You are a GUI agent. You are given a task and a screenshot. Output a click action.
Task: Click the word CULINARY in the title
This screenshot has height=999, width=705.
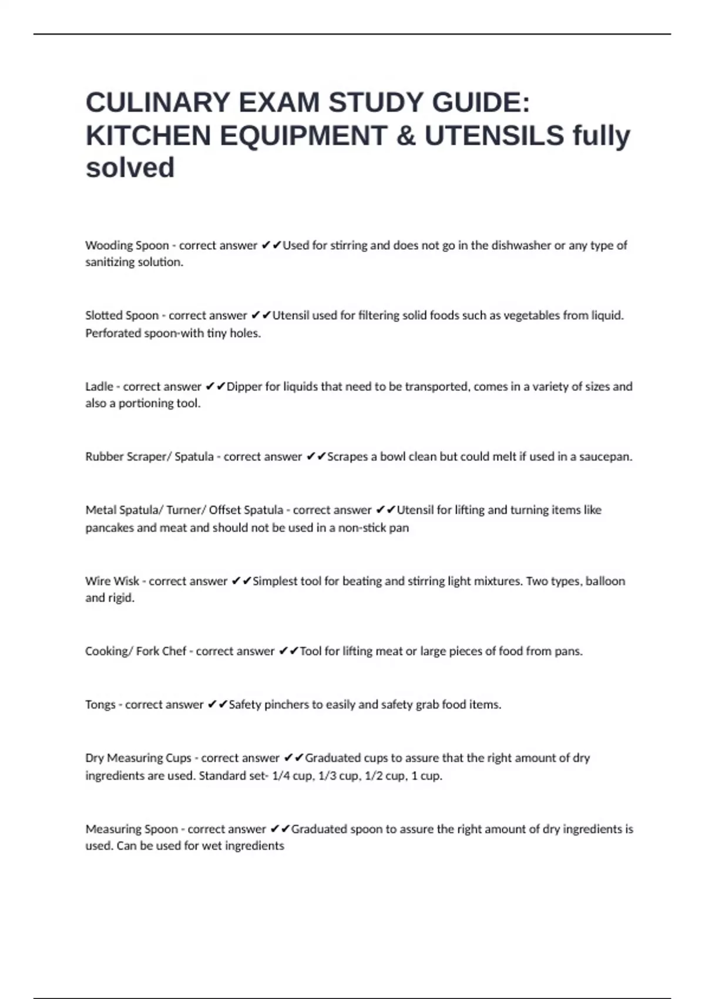coord(157,102)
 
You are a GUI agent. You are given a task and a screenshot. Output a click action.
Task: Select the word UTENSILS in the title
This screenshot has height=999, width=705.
coord(494,136)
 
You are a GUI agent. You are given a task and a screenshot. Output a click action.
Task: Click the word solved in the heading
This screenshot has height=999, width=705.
coord(130,167)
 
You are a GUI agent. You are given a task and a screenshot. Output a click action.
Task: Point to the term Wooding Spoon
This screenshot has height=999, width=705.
coord(127,245)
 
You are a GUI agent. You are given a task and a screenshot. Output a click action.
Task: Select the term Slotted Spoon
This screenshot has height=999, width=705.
coord(122,316)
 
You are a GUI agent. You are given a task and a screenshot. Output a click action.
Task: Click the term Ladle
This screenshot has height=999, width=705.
coord(99,387)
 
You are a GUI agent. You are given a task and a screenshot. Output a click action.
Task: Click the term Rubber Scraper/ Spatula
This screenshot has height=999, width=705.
coord(149,457)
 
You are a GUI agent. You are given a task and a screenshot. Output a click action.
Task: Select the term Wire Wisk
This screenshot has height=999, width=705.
coord(112,581)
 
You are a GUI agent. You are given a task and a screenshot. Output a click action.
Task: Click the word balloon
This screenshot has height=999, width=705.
coord(605,581)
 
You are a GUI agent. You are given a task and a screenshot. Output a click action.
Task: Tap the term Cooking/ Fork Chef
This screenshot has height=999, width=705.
coord(136,651)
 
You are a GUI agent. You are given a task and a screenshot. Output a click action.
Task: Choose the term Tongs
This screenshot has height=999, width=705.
coord(100,705)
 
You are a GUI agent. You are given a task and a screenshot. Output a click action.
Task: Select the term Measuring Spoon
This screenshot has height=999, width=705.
coord(132,829)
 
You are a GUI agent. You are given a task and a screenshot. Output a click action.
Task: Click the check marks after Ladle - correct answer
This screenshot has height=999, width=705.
coord(216,387)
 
